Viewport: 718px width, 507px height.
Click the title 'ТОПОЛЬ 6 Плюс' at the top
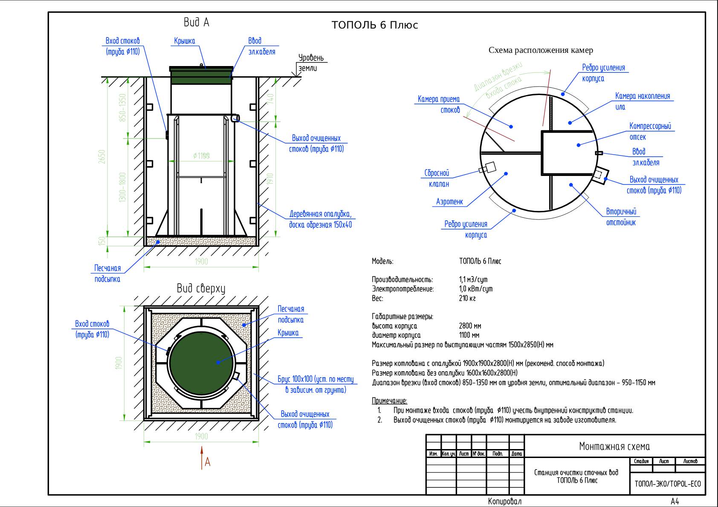375,25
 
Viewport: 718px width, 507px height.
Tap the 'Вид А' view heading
196,22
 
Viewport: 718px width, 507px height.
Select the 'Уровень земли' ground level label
311,63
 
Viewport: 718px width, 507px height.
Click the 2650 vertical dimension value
101,156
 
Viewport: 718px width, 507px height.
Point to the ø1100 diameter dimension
201,156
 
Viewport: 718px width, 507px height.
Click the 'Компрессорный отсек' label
650,131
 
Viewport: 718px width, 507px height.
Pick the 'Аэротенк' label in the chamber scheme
449,202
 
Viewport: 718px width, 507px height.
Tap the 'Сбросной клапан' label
437,179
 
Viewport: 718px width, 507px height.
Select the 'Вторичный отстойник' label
621,217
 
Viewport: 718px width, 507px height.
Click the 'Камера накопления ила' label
642,101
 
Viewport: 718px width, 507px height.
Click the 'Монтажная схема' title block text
614,447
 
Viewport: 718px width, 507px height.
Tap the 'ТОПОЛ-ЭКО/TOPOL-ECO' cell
668,484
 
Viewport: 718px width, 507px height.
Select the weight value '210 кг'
467,298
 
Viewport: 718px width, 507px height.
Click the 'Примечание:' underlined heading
389,401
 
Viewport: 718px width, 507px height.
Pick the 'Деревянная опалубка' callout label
320,219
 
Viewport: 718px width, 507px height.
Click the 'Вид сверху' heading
201,288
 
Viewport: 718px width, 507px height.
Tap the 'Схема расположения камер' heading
541,50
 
